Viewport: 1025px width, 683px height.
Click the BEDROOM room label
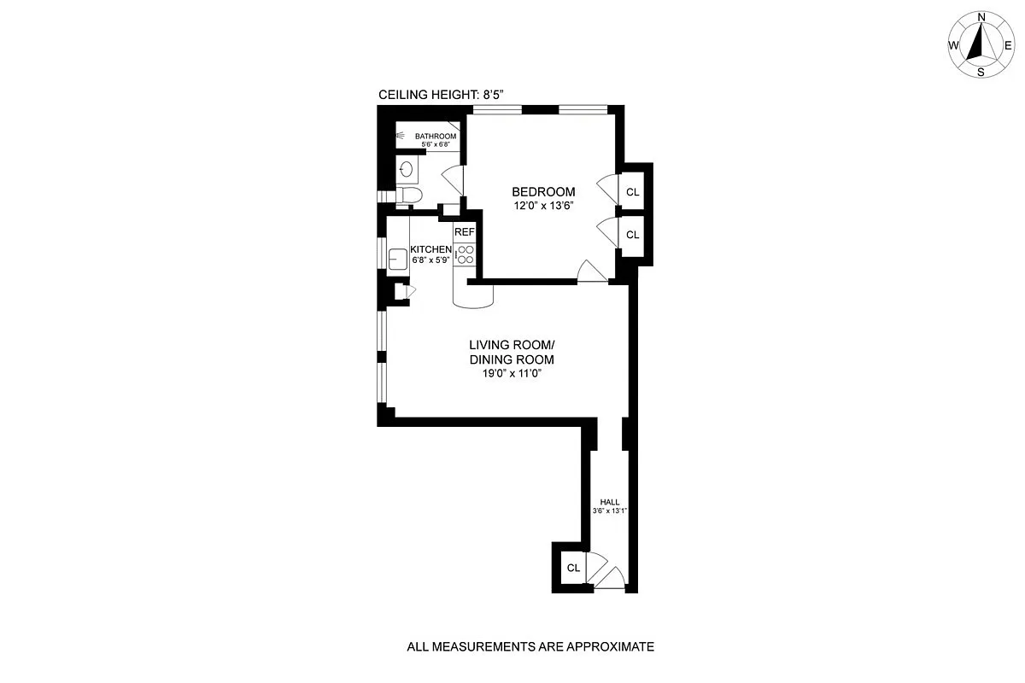click(543, 192)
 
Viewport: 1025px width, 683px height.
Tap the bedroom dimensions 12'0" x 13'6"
click(543, 206)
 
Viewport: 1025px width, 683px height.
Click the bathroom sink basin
click(407, 169)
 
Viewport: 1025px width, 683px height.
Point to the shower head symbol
click(401, 135)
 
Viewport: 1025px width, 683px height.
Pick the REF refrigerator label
click(464, 232)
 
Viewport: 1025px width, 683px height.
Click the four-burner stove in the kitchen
click(466, 254)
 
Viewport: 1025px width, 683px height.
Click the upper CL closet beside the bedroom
click(632, 192)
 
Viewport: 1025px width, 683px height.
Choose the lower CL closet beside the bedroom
click(632, 235)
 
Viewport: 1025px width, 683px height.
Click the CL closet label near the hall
click(573, 568)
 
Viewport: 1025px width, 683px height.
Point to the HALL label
click(610, 503)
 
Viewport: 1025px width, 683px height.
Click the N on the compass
click(981, 17)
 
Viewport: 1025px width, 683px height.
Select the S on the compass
click(981, 73)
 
